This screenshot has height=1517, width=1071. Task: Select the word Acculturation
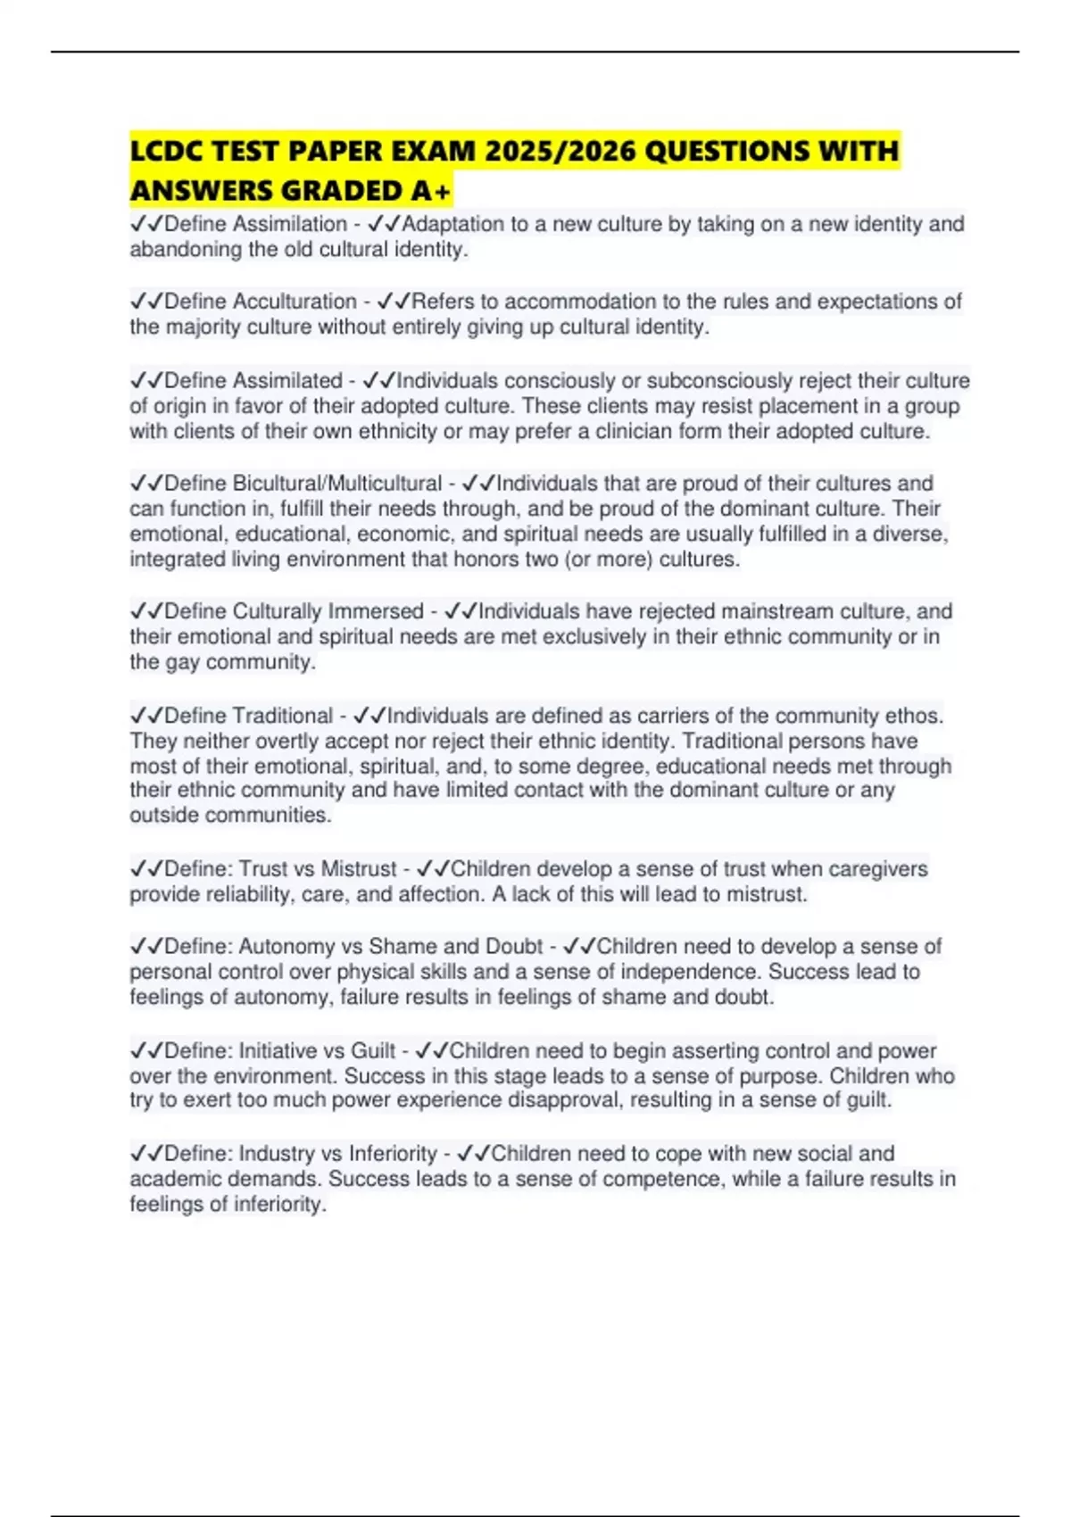click(x=295, y=302)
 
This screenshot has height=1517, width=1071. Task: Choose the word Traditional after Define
click(x=283, y=716)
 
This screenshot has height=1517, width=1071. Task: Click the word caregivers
click(x=878, y=869)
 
